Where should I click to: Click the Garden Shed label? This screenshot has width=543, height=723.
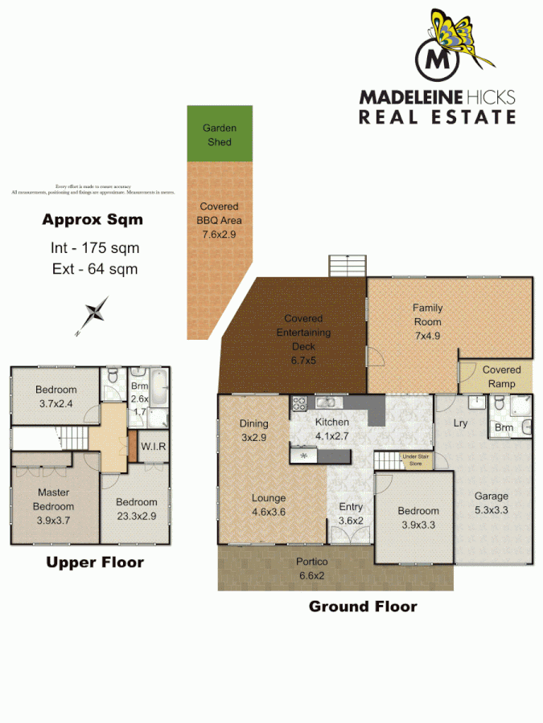219,135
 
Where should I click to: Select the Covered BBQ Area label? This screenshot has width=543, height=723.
220,220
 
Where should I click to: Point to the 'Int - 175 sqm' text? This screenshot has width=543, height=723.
93,248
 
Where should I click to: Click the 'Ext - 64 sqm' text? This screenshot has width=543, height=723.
93,269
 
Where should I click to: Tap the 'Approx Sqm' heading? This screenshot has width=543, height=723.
93,219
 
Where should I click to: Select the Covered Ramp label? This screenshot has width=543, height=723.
501,377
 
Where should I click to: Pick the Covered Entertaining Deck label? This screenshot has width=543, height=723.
303,333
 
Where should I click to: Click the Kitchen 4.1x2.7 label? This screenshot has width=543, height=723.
332,429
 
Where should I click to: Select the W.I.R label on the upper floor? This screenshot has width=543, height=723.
153,447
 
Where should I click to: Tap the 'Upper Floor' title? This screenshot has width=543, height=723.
94,562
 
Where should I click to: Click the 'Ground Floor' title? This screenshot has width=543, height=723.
363,607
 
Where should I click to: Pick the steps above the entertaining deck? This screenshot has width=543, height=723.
347,267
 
